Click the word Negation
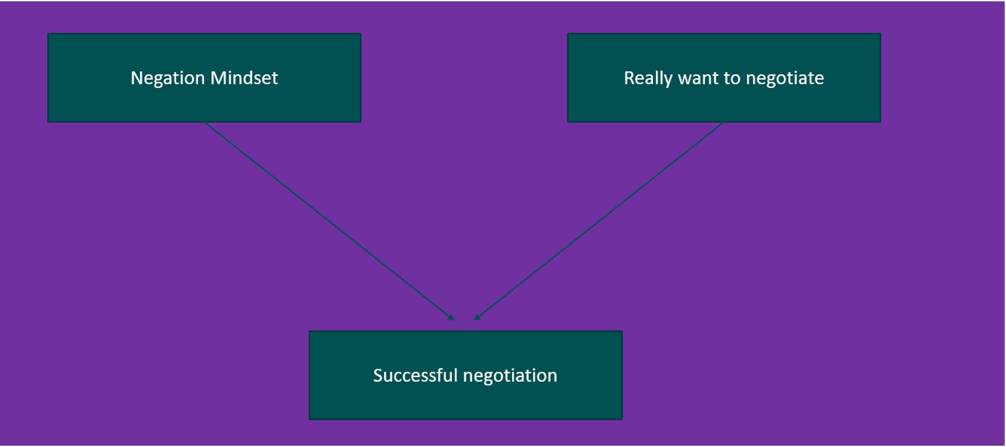tap(168, 78)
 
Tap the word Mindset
tap(244, 78)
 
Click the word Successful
tap(415, 376)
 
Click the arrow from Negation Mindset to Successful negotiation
tap(329, 221)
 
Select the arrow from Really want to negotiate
tap(599, 221)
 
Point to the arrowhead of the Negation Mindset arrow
tap(451, 318)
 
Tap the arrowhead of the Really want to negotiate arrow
tap(477, 318)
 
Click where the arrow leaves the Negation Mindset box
tap(205, 123)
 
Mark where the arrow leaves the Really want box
tap(723, 123)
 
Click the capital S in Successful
tap(378, 376)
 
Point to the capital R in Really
tap(630, 78)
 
